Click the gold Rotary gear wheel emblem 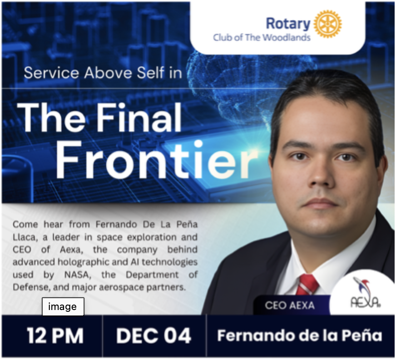pyautogui.click(x=327, y=24)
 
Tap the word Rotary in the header pyautogui.click(x=288, y=24)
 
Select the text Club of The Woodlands pyautogui.click(x=262, y=38)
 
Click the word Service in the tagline pyautogui.click(x=51, y=73)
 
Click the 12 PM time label pyautogui.click(x=55, y=335)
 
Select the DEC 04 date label pyautogui.click(x=153, y=335)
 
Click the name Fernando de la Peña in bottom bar pyautogui.click(x=300, y=335)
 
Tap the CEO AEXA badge pyautogui.click(x=290, y=305)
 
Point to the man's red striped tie pyautogui.click(x=307, y=285)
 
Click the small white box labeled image pyautogui.click(x=63, y=306)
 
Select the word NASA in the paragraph pyautogui.click(x=78, y=275)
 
